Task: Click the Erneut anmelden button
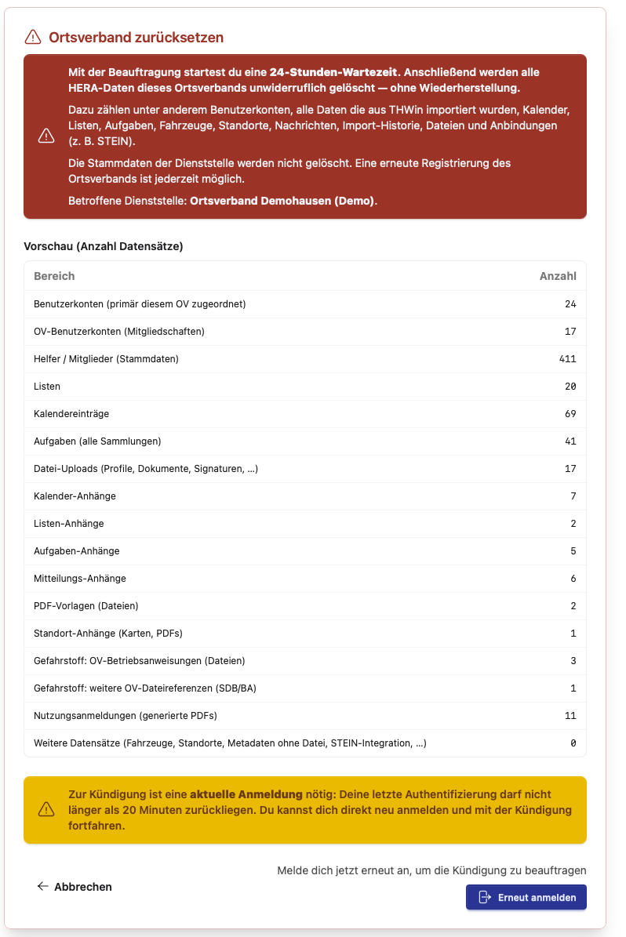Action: coord(526,897)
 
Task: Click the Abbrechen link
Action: coord(75,887)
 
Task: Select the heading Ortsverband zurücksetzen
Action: coord(136,37)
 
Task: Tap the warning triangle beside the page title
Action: coord(32,37)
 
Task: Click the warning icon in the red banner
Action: coord(46,136)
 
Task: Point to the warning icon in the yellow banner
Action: coord(46,810)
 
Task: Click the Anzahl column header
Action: coord(558,276)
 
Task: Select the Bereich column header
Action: coord(54,276)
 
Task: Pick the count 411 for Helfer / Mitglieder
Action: coord(567,359)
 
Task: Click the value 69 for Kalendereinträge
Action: coord(570,414)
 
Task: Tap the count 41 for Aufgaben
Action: coord(570,441)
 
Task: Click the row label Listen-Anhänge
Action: coord(69,524)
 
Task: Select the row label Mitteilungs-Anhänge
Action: coord(80,579)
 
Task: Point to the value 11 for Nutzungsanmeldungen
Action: coord(570,716)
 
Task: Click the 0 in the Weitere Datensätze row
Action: coord(573,743)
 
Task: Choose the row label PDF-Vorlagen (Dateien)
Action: coord(86,606)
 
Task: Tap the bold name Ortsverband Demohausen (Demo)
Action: coord(283,202)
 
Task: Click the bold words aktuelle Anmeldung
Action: coord(246,794)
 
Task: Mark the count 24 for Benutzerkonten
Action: coord(570,304)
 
